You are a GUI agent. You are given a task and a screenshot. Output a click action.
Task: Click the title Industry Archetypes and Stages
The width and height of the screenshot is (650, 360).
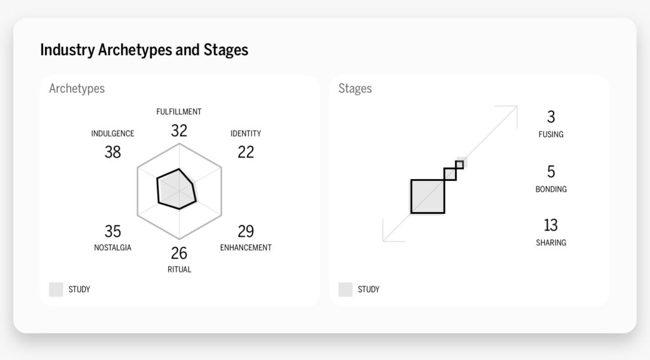click(144, 50)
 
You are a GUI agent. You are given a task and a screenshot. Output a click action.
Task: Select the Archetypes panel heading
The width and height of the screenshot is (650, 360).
click(77, 88)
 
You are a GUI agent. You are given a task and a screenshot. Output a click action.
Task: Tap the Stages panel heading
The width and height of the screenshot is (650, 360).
click(355, 88)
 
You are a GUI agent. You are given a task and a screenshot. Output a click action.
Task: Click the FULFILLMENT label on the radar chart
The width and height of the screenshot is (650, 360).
click(179, 112)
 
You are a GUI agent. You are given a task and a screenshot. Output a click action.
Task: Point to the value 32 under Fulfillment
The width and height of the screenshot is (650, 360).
click(179, 131)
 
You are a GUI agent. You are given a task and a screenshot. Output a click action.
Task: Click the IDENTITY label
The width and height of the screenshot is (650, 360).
click(246, 133)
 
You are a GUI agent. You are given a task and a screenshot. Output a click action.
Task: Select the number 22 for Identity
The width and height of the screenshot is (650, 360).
click(246, 152)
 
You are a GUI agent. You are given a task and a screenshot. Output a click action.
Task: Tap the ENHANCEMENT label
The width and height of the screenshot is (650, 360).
click(246, 248)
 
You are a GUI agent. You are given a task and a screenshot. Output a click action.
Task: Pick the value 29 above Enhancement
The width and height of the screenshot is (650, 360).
click(246, 231)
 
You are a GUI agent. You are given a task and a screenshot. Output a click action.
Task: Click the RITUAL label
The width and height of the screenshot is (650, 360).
click(179, 269)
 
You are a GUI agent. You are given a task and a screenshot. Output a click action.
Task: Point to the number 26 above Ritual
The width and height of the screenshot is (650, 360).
click(179, 253)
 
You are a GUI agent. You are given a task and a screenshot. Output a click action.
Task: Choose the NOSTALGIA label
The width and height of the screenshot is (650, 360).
click(112, 248)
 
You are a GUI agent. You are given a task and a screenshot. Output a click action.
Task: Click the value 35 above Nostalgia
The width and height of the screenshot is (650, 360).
click(112, 231)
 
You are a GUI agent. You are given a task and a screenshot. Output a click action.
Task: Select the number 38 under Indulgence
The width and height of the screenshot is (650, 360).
click(112, 152)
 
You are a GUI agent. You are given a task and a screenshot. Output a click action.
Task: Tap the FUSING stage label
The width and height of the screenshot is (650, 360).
click(550, 135)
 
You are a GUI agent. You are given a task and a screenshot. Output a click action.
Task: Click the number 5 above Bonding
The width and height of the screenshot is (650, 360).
click(550, 172)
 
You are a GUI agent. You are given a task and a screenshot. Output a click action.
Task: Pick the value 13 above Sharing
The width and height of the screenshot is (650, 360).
click(550, 225)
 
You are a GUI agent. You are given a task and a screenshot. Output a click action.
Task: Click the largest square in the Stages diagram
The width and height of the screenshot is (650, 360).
click(428, 196)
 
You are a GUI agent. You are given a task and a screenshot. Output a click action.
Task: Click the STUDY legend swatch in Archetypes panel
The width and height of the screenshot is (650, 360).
click(56, 290)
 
